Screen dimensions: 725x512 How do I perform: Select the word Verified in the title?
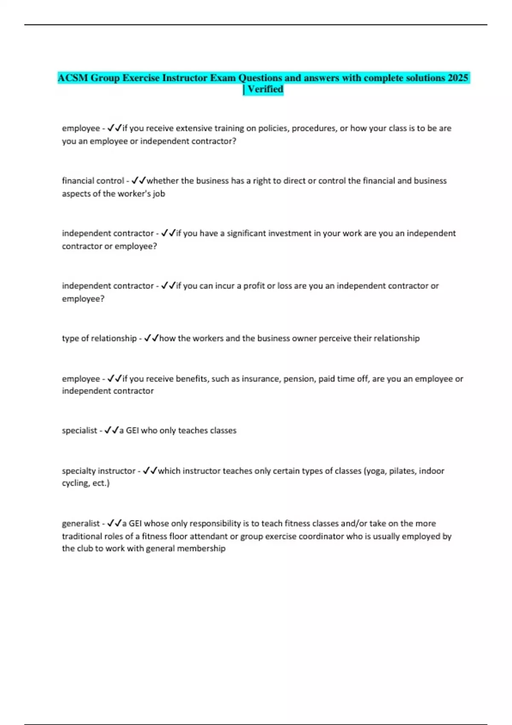coord(265,89)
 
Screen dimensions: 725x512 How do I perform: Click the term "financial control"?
coord(93,181)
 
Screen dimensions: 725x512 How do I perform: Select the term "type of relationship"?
coord(99,338)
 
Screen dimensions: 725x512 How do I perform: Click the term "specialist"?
coord(79,431)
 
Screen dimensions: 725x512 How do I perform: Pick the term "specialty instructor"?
coord(99,471)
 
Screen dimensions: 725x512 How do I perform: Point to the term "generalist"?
coord(80,523)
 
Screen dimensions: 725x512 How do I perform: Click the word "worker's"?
coord(134,194)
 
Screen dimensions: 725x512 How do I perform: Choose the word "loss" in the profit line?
coord(285,286)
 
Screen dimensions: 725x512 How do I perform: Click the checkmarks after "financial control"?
coord(139,181)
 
